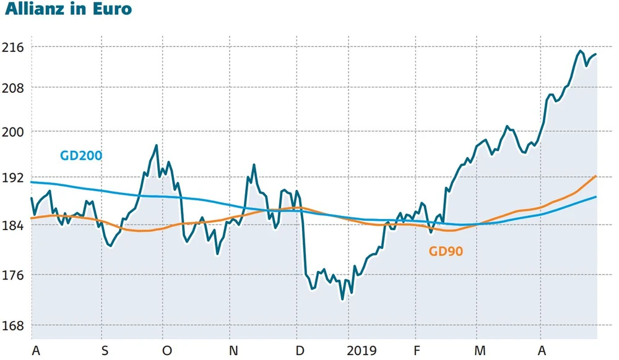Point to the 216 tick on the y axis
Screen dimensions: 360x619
click(x=13, y=47)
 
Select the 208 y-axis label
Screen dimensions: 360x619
click(x=13, y=88)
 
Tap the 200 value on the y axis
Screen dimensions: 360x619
click(x=13, y=132)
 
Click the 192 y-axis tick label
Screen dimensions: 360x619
click(x=13, y=178)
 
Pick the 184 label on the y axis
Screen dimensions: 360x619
click(x=13, y=225)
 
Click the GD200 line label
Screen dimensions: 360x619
click(x=81, y=155)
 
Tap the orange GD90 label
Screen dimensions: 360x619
click(x=446, y=251)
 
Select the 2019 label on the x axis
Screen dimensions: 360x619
click(x=362, y=350)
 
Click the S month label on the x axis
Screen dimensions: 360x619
click(x=104, y=350)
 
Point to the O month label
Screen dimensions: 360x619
click(x=167, y=350)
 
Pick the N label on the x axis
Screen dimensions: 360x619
click(x=233, y=350)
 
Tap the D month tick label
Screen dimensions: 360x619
click(x=300, y=350)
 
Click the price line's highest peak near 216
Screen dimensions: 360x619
click(x=580, y=51)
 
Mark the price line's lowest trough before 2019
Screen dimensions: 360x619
click(x=342, y=299)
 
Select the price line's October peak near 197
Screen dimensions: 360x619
click(x=157, y=145)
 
